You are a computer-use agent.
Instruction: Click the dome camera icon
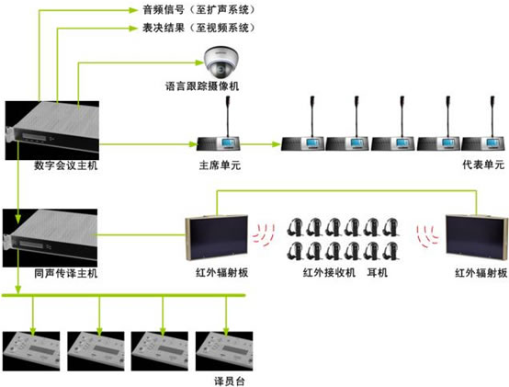[x=221, y=62]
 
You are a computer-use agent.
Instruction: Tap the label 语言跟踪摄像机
[x=202, y=86]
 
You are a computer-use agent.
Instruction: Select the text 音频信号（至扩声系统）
[x=198, y=10]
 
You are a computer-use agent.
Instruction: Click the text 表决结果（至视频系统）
[x=198, y=28]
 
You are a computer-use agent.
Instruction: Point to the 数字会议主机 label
[x=66, y=165]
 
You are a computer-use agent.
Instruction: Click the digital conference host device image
[x=52, y=131]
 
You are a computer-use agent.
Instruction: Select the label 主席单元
[x=220, y=165]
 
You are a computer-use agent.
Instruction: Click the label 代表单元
[x=483, y=165]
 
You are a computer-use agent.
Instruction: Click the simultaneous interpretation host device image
[x=50, y=238]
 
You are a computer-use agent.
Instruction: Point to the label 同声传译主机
[x=66, y=273]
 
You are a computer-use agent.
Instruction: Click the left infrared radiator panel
[x=217, y=238]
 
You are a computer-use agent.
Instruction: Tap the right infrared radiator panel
[x=477, y=238]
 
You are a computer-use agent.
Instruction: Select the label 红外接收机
[x=329, y=272]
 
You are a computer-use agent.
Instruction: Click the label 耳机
[x=378, y=272]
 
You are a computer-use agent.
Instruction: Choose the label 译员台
[x=230, y=381]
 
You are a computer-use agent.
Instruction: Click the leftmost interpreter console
[x=31, y=351]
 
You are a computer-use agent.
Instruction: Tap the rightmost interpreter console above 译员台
[x=224, y=351]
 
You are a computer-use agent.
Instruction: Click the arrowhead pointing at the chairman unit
[x=194, y=143]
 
